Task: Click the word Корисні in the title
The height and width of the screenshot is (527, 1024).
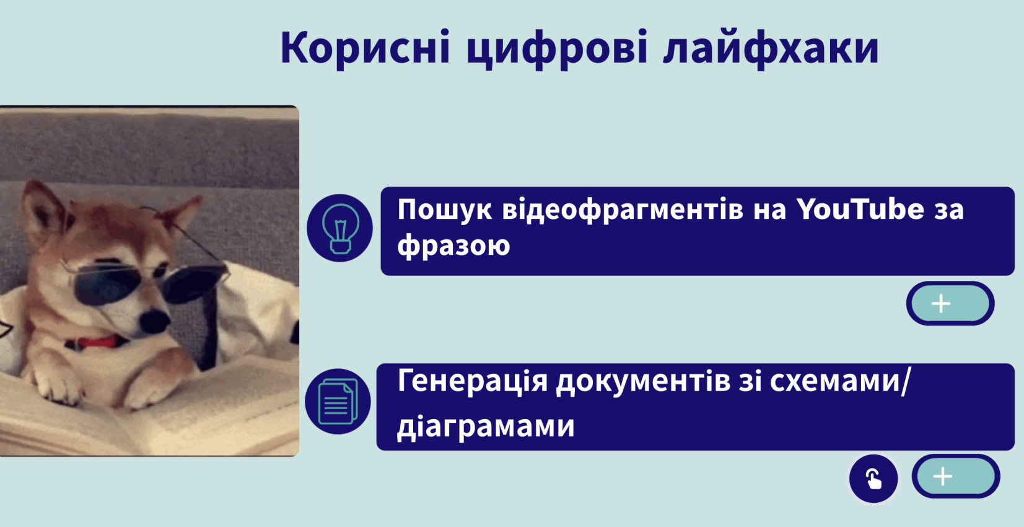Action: [x=365, y=48]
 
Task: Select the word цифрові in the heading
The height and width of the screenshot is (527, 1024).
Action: [x=558, y=50]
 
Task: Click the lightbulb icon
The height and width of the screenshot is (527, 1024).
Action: [x=340, y=228]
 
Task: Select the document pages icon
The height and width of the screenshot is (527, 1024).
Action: [x=338, y=402]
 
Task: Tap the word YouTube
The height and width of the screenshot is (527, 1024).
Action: [x=860, y=209]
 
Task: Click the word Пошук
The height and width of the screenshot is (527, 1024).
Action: [x=444, y=210]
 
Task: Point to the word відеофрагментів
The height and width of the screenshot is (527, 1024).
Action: [x=622, y=210]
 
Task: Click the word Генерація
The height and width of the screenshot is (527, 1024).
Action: [x=472, y=381]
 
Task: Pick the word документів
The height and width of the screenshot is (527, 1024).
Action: [x=643, y=381]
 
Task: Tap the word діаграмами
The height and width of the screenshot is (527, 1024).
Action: [x=486, y=425]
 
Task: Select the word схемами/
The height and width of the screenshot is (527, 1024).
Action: [x=840, y=381]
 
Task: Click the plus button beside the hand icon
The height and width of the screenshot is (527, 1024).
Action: [x=955, y=476]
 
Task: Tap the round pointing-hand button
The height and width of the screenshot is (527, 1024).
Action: [x=873, y=479]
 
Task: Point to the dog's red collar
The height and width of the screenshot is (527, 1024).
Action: [x=98, y=342]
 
